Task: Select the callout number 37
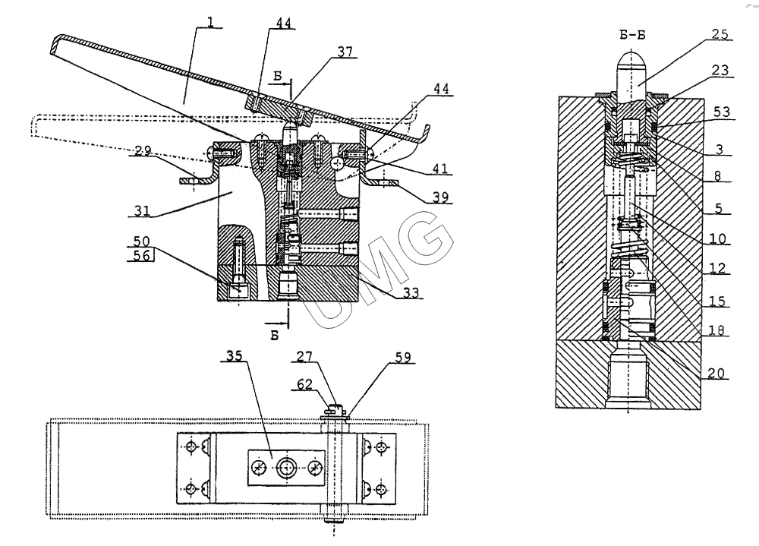pyautogui.click(x=345, y=52)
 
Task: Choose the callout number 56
pyautogui.click(x=140, y=256)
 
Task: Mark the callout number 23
pyautogui.click(x=718, y=71)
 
